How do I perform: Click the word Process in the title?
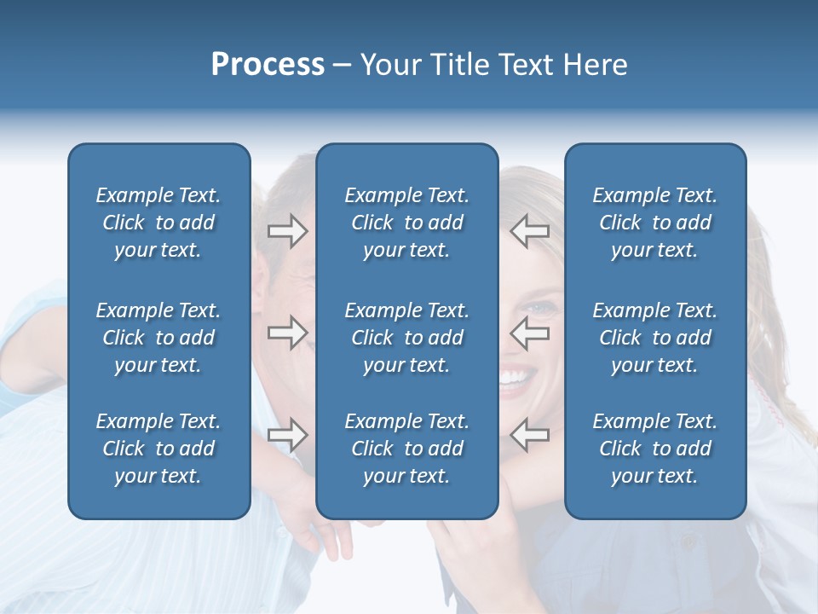click(x=268, y=65)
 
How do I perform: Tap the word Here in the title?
click(x=595, y=65)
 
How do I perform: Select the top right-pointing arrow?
click(x=288, y=231)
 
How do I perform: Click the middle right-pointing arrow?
click(x=288, y=333)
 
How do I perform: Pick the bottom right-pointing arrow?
click(x=288, y=435)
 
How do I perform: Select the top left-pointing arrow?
click(x=530, y=231)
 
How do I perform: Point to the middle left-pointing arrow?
click(x=530, y=333)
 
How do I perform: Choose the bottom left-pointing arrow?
click(x=530, y=435)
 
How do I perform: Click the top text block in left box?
click(x=158, y=223)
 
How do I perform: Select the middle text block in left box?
click(x=158, y=338)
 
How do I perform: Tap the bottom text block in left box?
click(x=158, y=449)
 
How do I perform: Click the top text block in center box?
click(x=406, y=223)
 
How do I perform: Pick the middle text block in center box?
click(x=406, y=338)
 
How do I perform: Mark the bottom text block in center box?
click(x=406, y=449)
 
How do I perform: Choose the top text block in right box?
click(x=654, y=223)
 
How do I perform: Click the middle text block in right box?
click(x=654, y=338)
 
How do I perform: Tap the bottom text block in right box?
click(x=654, y=449)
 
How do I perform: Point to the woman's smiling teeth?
click(x=513, y=377)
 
